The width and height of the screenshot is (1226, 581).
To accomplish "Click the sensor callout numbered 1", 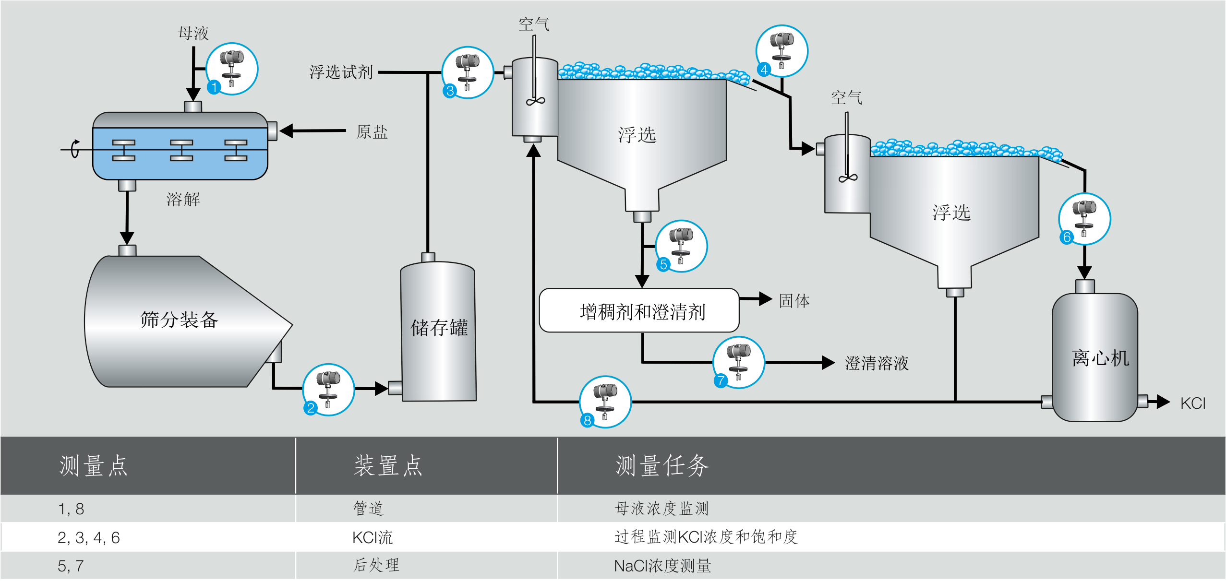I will pyautogui.click(x=232, y=69).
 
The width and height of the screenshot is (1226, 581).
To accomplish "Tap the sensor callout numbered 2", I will pyautogui.click(x=328, y=390).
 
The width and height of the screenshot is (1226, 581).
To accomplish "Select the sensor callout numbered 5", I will pyautogui.click(x=681, y=246).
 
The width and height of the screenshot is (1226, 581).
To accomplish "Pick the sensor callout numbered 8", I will pyautogui.click(x=605, y=402).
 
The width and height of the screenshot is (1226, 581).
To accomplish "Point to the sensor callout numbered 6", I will pyautogui.click(x=1084, y=219).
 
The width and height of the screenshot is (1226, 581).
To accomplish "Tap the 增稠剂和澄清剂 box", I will pyautogui.click(x=639, y=310).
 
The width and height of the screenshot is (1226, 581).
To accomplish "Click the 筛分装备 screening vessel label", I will pyautogui.click(x=179, y=320).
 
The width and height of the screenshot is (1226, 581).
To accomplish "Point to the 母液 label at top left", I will pyautogui.click(x=193, y=33).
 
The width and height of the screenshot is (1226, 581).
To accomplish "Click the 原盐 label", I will pyautogui.click(x=372, y=132).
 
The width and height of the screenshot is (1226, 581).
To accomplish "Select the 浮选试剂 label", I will pyautogui.click(x=341, y=72).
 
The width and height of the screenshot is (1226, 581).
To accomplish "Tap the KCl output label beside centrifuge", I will pyautogui.click(x=1192, y=403).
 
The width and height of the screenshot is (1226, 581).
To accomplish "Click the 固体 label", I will pyautogui.click(x=794, y=301).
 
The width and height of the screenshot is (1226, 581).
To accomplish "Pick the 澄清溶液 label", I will pyautogui.click(x=877, y=363).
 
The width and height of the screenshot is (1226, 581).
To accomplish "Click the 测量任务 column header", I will pyautogui.click(x=662, y=465).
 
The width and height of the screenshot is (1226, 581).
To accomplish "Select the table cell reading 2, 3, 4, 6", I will pyautogui.click(x=89, y=537).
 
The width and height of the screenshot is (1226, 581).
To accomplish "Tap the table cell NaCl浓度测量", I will pyautogui.click(x=662, y=566).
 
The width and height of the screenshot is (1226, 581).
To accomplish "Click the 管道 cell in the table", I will pyautogui.click(x=368, y=509).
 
